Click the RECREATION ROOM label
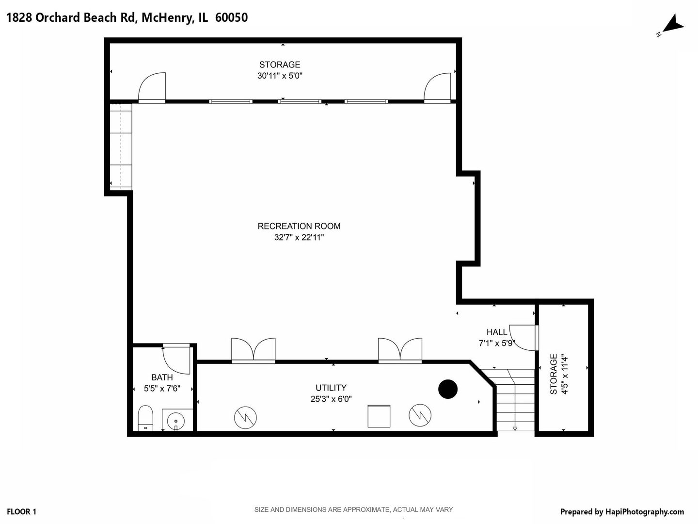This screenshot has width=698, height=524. tap(299, 226)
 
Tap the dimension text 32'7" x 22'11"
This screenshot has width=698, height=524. tap(299, 238)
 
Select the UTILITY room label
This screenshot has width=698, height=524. tap(331, 388)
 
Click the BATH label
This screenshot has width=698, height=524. tap(162, 377)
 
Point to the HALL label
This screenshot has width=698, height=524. tap(497, 332)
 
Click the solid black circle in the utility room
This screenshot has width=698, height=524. tap(448, 389)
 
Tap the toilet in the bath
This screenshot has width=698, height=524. tap(145, 418)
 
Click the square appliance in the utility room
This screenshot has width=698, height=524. tap(379, 416)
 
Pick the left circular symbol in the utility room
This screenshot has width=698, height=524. tap(245, 417)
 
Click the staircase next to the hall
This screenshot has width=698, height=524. tap(515, 400)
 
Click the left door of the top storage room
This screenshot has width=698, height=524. tap(152, 87)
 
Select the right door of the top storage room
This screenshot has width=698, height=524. tap(437, 87)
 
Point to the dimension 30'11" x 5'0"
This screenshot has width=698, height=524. tap(280, 76)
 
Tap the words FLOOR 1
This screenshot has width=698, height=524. tap(22, 511)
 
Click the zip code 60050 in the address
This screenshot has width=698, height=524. tap(231, 18)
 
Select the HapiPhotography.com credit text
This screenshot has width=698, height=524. tap(622, 511)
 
